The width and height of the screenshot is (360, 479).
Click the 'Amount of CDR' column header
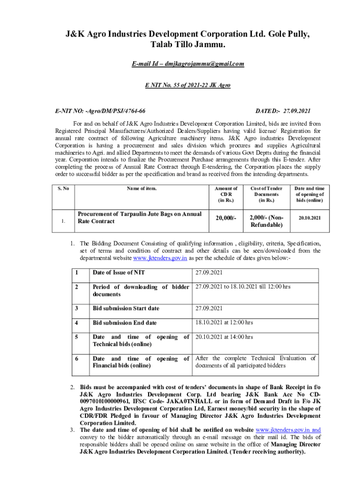pos(226,194)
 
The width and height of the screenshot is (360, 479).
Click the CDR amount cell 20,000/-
pos(226,218)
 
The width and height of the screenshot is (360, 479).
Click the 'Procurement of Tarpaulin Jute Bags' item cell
pos(139,218)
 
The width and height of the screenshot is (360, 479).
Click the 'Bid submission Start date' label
pos(126,308)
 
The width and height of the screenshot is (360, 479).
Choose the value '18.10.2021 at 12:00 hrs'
pos(224,322)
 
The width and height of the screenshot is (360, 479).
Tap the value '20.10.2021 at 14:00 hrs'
pos(224,337)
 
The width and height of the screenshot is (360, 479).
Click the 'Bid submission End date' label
pos(124,323)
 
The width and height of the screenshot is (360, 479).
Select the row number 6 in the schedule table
pos(78,358)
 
